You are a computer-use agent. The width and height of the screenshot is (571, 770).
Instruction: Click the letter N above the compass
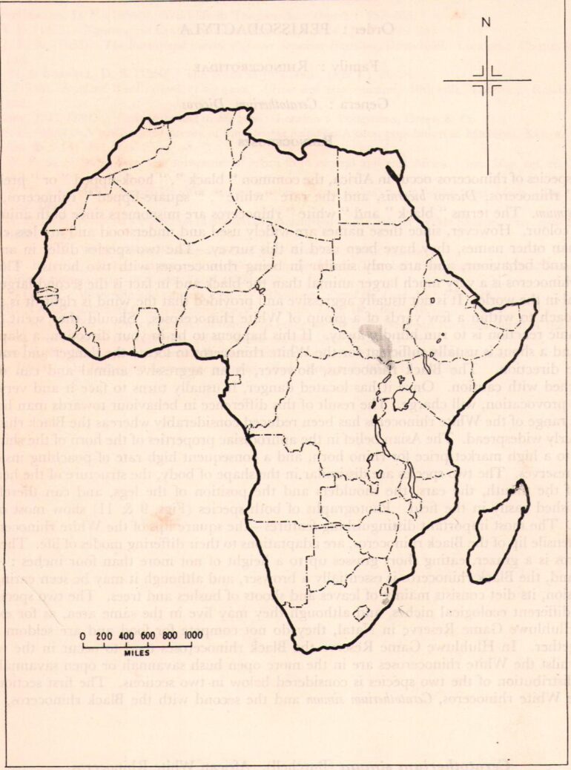(x=486, y=22)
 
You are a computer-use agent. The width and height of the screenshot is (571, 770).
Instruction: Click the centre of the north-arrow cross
(x=486, y=79)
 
